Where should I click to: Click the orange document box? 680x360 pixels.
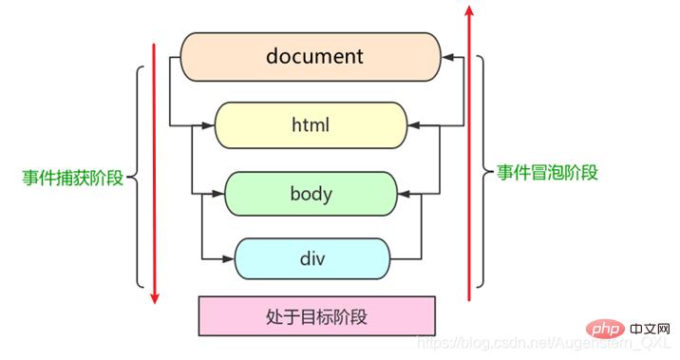(313, 56)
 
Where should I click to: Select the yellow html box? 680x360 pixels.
(312, 124)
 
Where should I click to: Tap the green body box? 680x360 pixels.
(311, 194)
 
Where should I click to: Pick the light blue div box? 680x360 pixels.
(312, 257)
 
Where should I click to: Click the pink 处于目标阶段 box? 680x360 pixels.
(316, 316)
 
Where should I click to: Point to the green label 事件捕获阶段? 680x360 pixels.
(73, 178)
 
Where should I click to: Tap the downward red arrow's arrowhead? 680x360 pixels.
(155, 298)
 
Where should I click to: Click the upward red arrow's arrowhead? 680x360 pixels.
(467, 12)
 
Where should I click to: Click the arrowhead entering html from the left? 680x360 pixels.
(210, 124)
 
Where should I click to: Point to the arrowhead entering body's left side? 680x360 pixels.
(218, 194)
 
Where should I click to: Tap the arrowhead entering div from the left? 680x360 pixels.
(228, 257)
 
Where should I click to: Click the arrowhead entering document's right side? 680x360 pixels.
(447, 57)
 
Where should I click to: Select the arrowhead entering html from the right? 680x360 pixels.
(414, 124)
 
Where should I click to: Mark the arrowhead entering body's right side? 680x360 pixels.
(404, 194)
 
